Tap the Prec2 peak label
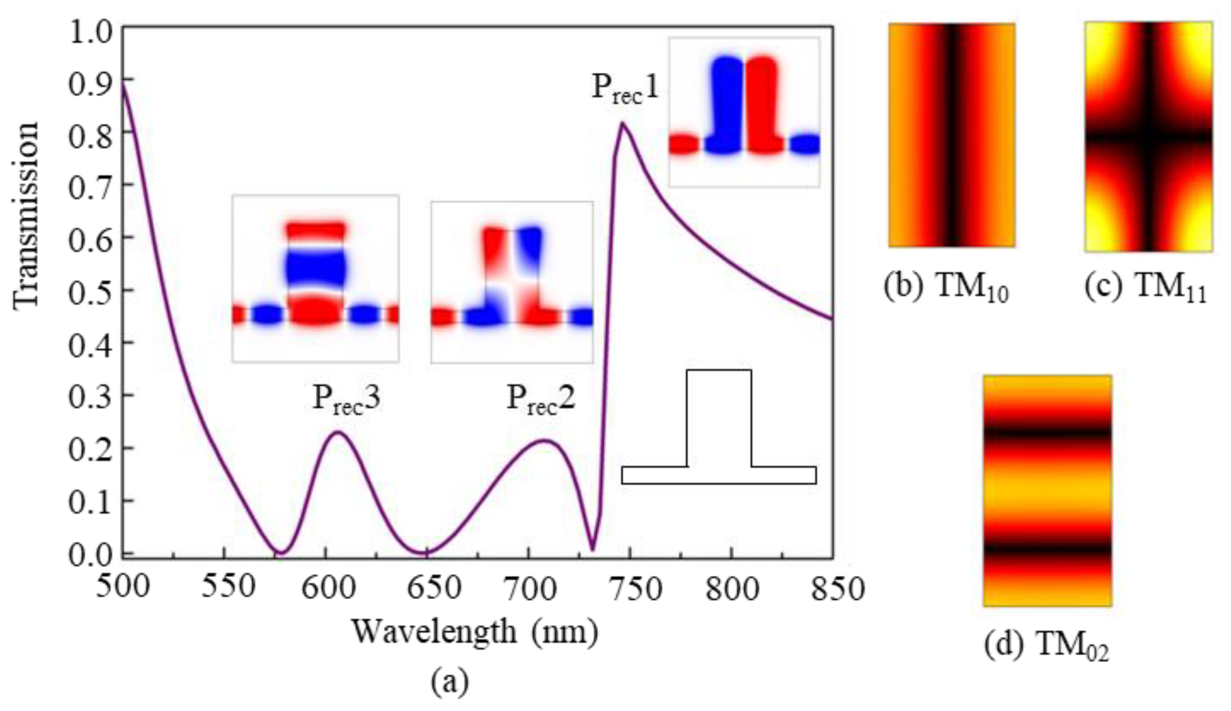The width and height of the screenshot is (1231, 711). (x=540, y=399)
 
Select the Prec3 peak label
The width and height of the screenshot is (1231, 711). (x=346, y=399)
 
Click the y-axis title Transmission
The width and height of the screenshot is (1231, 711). (x=26, y=215)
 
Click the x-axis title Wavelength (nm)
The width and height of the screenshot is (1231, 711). (x=475, y=633)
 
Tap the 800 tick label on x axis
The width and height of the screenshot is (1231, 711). (x=731, y=588)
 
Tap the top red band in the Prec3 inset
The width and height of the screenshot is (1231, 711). (x=316, y=230)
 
